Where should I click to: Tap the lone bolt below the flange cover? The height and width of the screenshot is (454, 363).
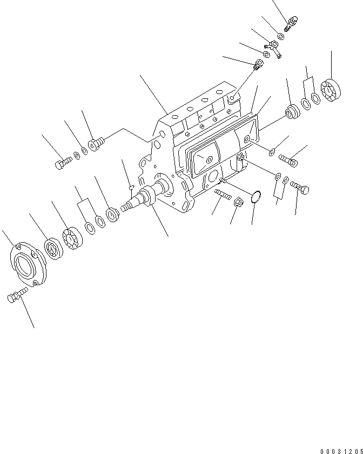[18, 295]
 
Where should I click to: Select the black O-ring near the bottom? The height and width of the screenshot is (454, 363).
[257, 195]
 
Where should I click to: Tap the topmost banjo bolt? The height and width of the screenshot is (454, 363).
[292, 23]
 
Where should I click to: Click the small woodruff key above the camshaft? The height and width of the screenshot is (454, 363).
[131, 186]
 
